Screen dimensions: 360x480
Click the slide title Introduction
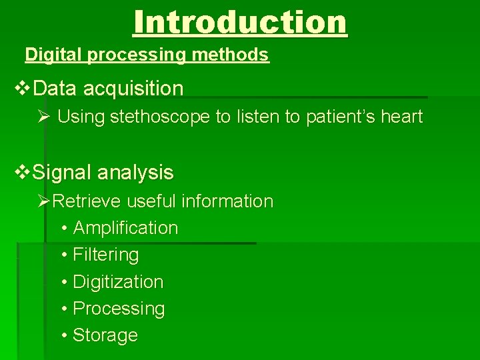(240, 22)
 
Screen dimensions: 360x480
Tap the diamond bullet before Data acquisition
(22, 88)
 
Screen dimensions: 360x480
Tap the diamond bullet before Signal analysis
(22, 173)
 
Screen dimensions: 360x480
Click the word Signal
(62, 173)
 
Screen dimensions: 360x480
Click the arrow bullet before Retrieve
(44, 201)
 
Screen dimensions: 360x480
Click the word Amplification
(125, 228)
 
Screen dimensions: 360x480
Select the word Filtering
(105, 255)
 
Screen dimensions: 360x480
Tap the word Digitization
(117, 282)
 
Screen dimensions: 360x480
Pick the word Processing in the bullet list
(118, 309)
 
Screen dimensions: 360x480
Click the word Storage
(105, 335)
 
